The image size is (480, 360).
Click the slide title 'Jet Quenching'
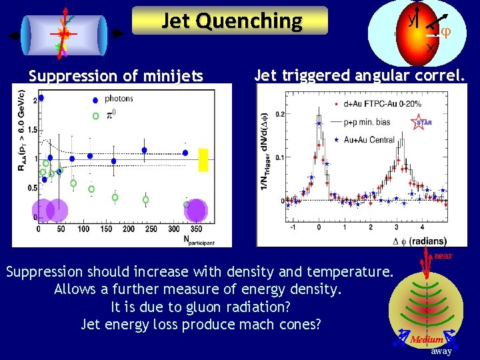click(231, 21)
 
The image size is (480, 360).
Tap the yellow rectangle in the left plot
click(203, 160)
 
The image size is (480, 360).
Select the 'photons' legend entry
click(119, 99)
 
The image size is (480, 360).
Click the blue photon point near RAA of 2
click(41, 98)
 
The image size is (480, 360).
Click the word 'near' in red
click(443, 256)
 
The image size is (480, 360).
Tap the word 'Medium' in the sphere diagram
click(427, 339)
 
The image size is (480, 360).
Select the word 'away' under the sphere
click(441, 351)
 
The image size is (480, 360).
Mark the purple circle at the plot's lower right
click(195, 210)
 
